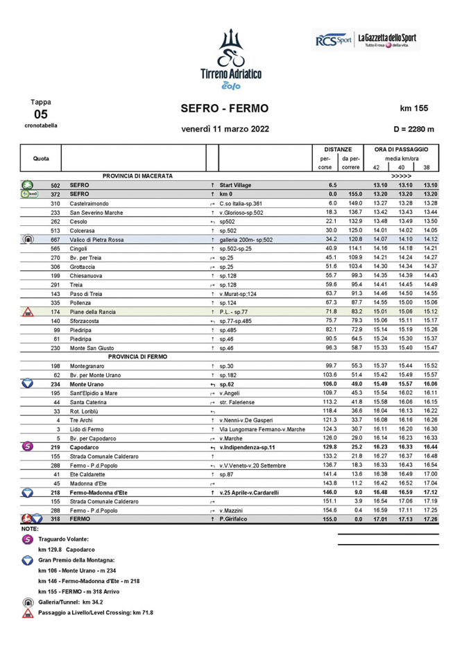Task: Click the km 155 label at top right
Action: [x=414, y=109]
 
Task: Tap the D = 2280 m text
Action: [x=413, y=129]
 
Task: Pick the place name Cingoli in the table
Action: [x=80, y=248]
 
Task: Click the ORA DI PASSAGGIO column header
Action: [x=402, y=149]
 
